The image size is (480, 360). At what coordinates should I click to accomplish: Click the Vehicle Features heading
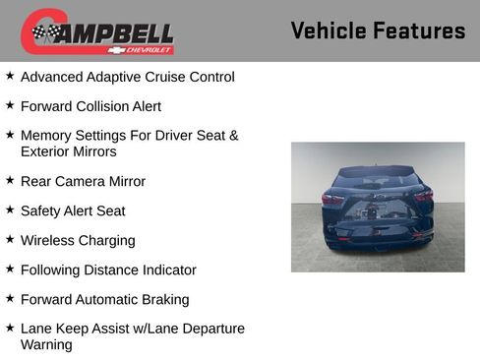378,30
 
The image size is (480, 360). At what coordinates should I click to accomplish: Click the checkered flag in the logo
45,32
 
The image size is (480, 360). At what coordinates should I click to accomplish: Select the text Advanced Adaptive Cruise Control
127,77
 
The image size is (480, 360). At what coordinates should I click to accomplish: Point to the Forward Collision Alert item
90,106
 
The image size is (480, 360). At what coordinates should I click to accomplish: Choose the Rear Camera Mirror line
83,181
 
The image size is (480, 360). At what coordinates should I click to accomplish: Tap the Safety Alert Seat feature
73,210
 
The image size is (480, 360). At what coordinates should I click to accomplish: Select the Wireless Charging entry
78,240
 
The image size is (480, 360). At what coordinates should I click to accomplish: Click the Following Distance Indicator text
108,270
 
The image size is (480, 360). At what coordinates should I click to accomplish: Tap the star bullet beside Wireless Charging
10,239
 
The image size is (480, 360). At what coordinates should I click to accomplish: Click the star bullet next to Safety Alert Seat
10,210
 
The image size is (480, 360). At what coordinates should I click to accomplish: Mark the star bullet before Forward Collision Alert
10,105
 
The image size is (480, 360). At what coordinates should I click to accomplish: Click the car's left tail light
332,199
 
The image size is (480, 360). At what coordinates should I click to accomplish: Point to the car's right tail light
423,197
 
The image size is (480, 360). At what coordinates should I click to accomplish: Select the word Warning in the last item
46,345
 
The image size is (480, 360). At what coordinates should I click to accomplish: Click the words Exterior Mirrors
68,152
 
